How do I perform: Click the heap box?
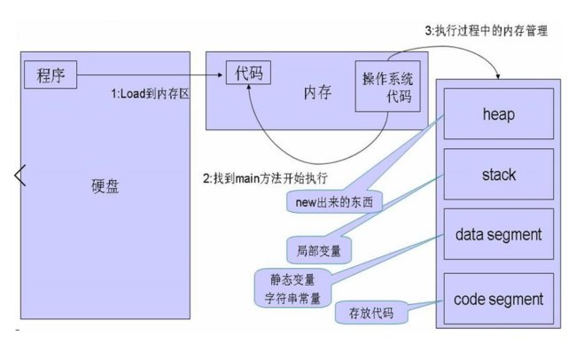[498, 114]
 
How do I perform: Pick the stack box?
[498, 175]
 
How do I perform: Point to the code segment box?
[498, 298]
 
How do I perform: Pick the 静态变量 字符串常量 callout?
[290, 286]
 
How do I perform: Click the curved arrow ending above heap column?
[461, 49]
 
